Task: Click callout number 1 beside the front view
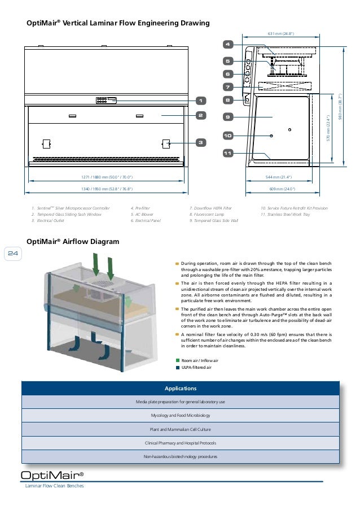(200, 101)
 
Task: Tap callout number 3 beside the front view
(200, 142)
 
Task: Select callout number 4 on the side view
(227, 43)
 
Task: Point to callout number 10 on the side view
(227, 136)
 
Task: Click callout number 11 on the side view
(227, 153)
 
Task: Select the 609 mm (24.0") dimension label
(280, 189)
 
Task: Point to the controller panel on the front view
(106, 101)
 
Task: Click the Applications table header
(180, 389)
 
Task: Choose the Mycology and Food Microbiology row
(180, 415)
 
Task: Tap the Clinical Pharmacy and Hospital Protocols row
(180, 443)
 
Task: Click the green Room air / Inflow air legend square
(178, 360)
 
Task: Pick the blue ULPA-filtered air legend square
(178, 368)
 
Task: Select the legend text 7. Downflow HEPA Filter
(211, 209)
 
